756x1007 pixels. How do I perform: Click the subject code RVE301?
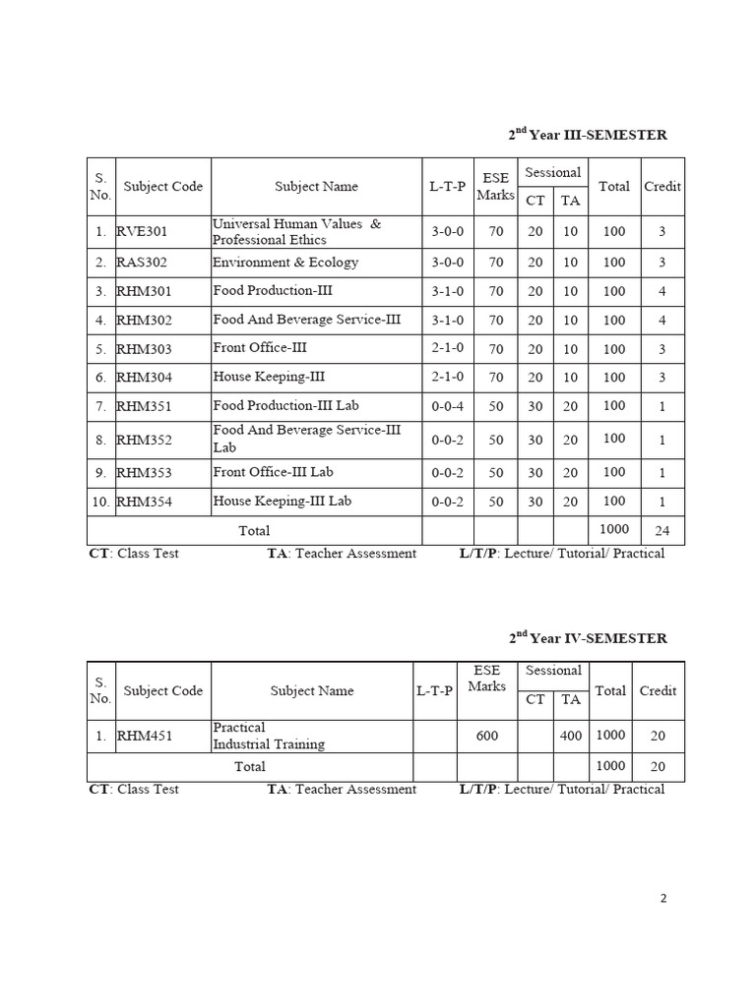coord(143,232)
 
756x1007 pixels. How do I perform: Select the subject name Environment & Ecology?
coord(285,263)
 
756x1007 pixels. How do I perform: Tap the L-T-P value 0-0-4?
coord(448,406)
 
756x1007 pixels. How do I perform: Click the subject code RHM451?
coord(144,735)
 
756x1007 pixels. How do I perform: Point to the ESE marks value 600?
coord(486,735)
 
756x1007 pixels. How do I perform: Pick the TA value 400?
coord(569,735)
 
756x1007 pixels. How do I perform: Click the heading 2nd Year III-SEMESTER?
coord(588,135)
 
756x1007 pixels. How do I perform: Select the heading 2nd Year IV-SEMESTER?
coord(588,638)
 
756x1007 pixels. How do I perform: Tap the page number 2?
coord(663,898)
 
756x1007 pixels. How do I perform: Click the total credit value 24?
coord(661,531)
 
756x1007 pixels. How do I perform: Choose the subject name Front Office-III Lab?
coord(274,472)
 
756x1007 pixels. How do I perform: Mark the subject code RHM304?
coord(144,378)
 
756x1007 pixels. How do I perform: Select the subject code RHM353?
coord(144,473)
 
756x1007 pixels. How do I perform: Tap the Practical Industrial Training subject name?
coord(269,736)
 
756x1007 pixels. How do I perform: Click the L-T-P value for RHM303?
coord(448,349)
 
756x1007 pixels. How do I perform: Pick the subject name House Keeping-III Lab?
coord(282,502)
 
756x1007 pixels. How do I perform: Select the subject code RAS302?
coord(143,263)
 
